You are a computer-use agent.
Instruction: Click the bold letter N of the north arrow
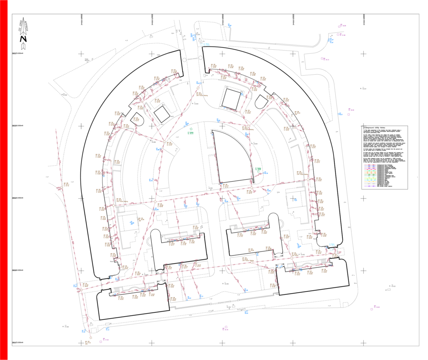coord(23,39)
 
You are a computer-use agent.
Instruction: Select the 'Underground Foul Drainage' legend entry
coord(385,165)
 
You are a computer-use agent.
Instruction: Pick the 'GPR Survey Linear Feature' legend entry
coord(385,186)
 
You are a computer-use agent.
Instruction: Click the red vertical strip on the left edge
coord(4,180)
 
